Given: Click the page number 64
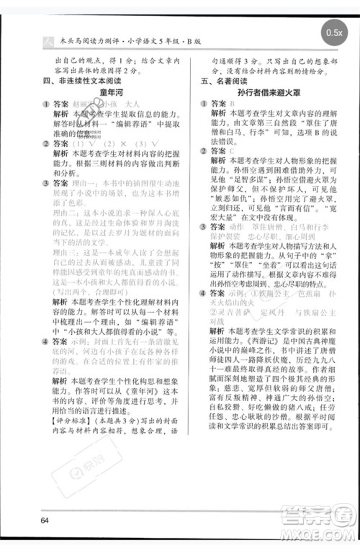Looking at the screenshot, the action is tap(45, 521).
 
